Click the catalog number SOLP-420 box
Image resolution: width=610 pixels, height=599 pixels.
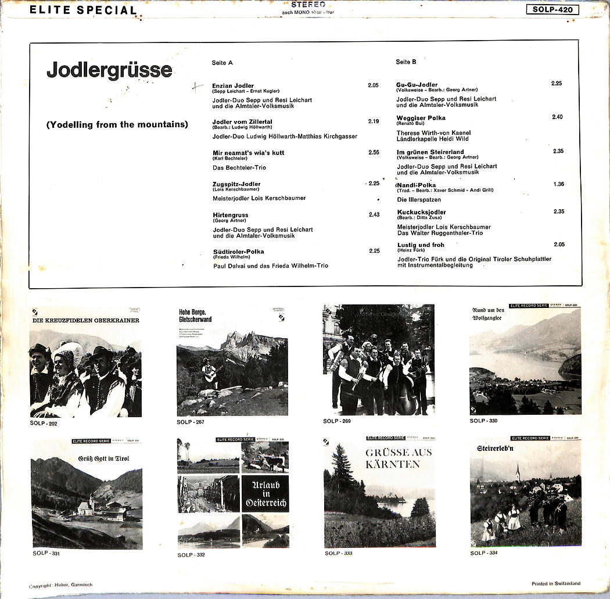coord(552,9)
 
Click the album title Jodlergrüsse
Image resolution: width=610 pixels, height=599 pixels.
coord(109,70)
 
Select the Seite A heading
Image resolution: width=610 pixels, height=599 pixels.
coord(223,62)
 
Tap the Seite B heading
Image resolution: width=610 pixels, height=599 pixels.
coord(406,62)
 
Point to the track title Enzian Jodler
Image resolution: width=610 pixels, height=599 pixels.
coord(233,85)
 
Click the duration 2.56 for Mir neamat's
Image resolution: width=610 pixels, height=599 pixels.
coord(374,152)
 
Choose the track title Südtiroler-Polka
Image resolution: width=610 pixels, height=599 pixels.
coord(238,252)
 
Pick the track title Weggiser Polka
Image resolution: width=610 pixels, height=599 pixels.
coord(421,118)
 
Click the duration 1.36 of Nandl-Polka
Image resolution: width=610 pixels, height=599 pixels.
coord(558,184)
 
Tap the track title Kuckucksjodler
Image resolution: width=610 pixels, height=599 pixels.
coord(422,213)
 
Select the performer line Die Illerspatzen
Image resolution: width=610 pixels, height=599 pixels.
coord(419,200)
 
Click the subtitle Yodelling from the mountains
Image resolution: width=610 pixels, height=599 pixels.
coord(117,124)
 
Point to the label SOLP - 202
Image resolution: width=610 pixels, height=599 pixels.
coord(44,423)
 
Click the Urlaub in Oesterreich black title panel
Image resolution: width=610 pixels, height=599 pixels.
coord(265,493)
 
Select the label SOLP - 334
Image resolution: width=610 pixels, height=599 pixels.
coord(484,553)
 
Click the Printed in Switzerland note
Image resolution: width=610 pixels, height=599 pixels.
coord(555,583)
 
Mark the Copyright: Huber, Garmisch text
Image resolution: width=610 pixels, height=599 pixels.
coord(60,585)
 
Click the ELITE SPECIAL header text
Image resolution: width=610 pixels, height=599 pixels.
coord(82,10)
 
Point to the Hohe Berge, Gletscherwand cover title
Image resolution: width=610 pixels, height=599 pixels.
coord(195,315)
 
